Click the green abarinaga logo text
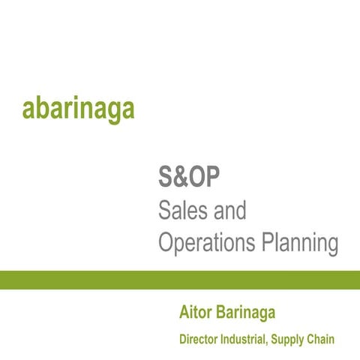tap(78, 108)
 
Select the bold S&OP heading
tap(188, 178)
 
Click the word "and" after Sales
tap(228, 211)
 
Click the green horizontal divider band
tap(180, 280)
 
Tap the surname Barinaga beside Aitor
tap(247, 311)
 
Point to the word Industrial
tap(244, 340)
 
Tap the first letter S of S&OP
tap(166, 178)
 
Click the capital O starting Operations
tap(167, 242)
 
